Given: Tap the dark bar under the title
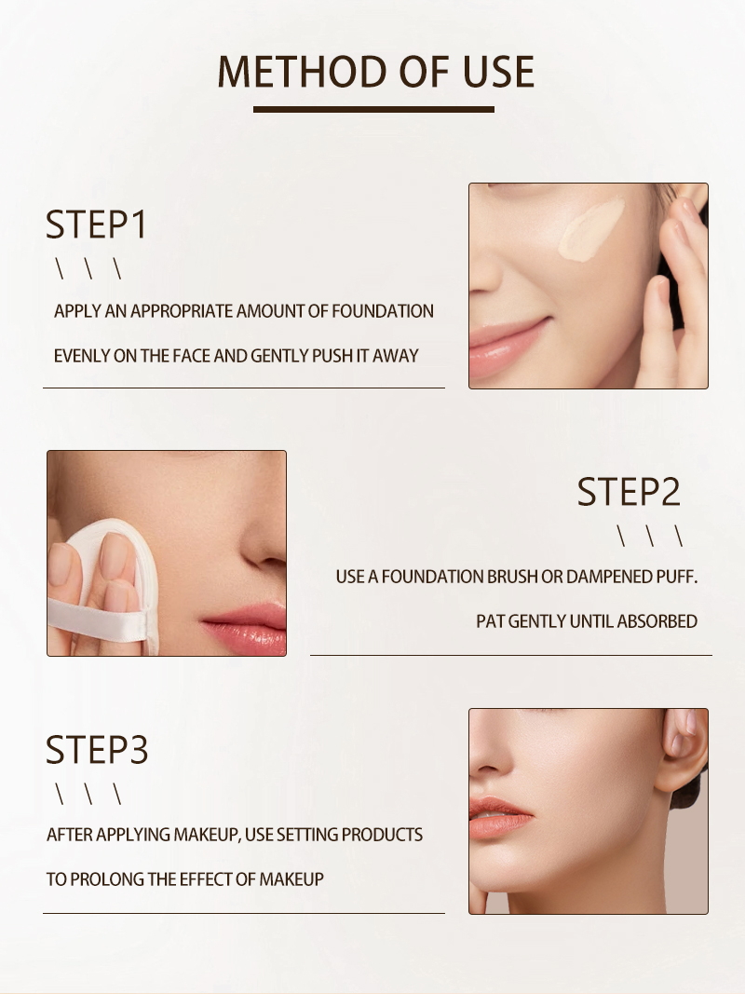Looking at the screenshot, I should click(373, 110).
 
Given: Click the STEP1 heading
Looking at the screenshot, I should click(97, 225).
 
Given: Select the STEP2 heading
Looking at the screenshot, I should click(629, 492).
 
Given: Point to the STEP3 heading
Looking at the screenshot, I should click(97, 750).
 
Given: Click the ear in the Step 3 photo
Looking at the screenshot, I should click(684, 750).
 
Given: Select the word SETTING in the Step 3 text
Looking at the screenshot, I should click(307, 835).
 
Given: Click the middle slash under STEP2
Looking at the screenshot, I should click(650, 537).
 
